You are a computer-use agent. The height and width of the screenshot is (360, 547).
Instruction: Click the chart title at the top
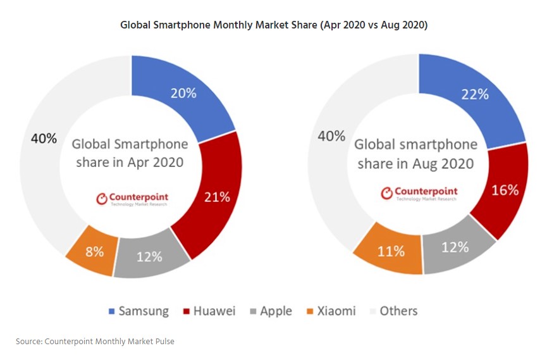274,25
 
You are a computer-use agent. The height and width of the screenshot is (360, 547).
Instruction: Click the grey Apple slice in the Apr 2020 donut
149,256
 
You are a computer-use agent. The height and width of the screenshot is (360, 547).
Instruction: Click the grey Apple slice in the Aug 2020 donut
455,249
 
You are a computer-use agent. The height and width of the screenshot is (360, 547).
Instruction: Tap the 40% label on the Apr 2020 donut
44,139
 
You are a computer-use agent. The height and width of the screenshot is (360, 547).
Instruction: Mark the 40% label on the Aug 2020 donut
331,136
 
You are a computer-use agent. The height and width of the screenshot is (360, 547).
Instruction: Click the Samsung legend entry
138,311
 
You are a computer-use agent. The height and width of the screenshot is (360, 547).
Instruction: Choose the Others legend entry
392,311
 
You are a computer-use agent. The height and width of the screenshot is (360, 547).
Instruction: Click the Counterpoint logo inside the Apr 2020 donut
132,199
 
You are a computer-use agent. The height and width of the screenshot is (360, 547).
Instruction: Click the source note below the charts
95,341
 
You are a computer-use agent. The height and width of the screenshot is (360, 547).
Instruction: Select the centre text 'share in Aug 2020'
415,164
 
